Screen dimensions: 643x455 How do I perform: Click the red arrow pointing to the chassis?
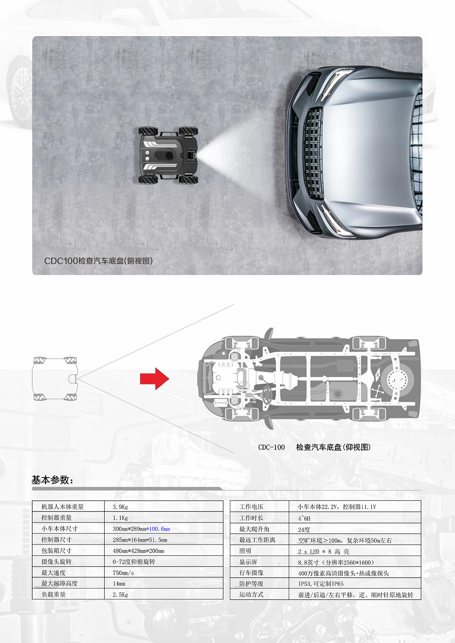(154, 378)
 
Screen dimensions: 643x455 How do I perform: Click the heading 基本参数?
(53, 480)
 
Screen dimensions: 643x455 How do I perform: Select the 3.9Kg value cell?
(120, 507)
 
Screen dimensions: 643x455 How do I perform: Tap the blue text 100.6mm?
(160, 529)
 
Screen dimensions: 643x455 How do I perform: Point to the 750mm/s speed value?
(123, 573)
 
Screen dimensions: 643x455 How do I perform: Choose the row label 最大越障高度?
(60, 583)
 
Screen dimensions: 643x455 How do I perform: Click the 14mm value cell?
(119, 584)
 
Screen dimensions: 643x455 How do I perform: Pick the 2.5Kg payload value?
(120, 595)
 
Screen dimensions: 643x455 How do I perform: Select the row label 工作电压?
(251, 507)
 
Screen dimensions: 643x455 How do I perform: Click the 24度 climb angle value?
(304, 530)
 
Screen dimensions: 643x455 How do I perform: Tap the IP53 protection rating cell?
(321, 584)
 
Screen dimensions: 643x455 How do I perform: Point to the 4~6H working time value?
(304, 519)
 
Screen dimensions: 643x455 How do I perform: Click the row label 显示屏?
(248, 562)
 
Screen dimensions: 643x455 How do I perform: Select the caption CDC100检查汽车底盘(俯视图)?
(98, 261)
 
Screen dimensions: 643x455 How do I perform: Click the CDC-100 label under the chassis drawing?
(271, 447)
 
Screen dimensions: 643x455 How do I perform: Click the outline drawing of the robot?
(55, 379)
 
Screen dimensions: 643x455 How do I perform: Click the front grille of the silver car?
(314, 153)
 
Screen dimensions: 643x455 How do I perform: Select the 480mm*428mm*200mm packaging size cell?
(139, 551)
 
